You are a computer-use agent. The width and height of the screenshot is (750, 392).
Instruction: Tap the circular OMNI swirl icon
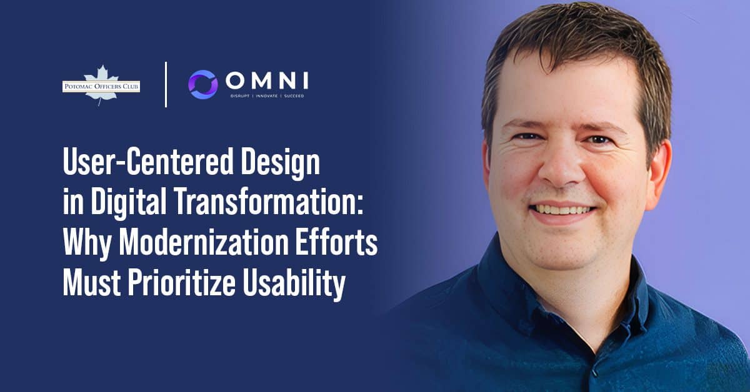click(x=203, y=84)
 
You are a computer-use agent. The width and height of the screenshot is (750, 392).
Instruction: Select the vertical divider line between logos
click(x=166, y=84)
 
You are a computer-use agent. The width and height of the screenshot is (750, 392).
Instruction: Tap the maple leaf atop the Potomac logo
click(x=101, y=73)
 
